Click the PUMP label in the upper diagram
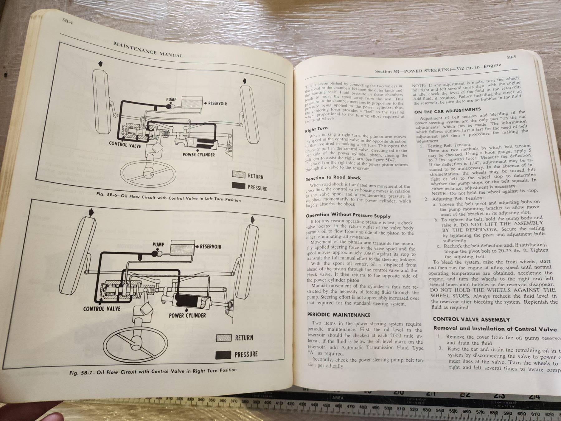pyautogui.click(x=171, y=100)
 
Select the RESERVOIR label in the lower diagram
pyautogui.click(x=211, y=247)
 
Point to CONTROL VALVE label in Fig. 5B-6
pyautogui.click(x=125, y=145)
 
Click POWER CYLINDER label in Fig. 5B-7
pyautogui.click(x=187, y=315)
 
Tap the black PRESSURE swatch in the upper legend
pyautogui.click(x=239, y=186)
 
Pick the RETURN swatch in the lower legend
pyautogui.click(x=224, y=338)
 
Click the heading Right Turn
pyautogui.click(x=316, y=129)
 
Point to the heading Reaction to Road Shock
pyautogui.click(x=333, y=178)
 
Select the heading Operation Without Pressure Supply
pyautogui.click(x=348, y=215)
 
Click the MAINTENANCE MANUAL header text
pyautogui.click(x=148, y=49)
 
